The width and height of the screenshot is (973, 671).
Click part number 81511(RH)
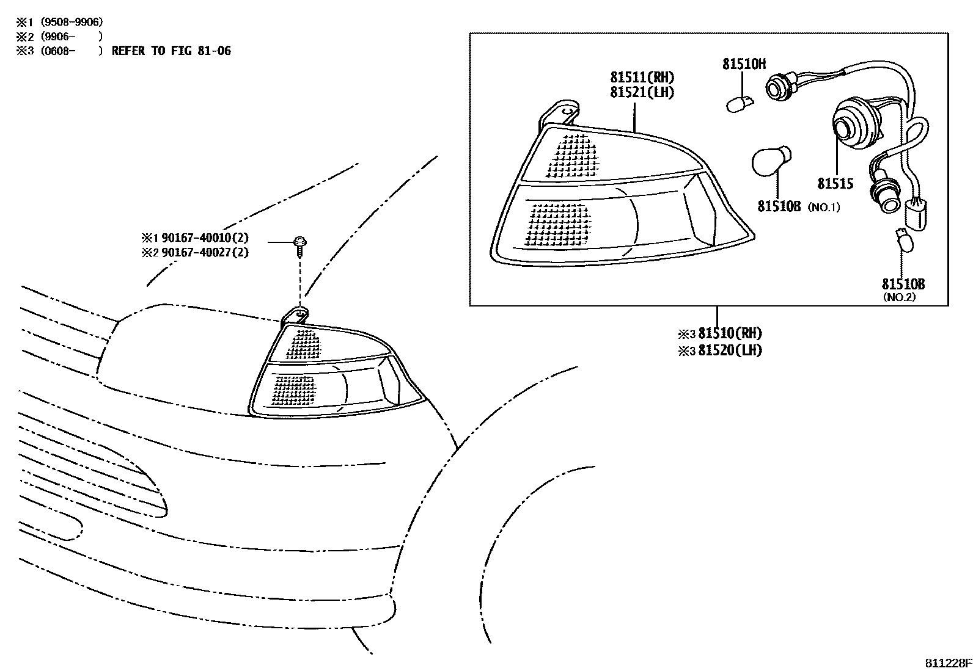pos(642,78)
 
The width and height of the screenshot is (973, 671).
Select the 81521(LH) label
pos(642,93)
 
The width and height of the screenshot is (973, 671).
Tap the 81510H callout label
pos(744,63)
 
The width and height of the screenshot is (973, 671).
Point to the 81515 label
pos(835,184)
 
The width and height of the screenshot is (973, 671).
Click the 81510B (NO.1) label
pos(780,207)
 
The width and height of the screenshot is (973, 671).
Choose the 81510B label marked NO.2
pos(903,284)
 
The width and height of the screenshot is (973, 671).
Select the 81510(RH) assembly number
pos(730,333)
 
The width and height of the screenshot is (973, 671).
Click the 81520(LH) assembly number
pos(730,350)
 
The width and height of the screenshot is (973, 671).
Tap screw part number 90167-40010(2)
pos(205,238)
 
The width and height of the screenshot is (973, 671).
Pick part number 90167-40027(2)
pos(205,252)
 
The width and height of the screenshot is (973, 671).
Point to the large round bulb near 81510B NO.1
pos(771,159)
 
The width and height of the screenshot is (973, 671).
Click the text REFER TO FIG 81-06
pos(171,51)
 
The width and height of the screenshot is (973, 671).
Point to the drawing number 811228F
pos(947,663)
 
